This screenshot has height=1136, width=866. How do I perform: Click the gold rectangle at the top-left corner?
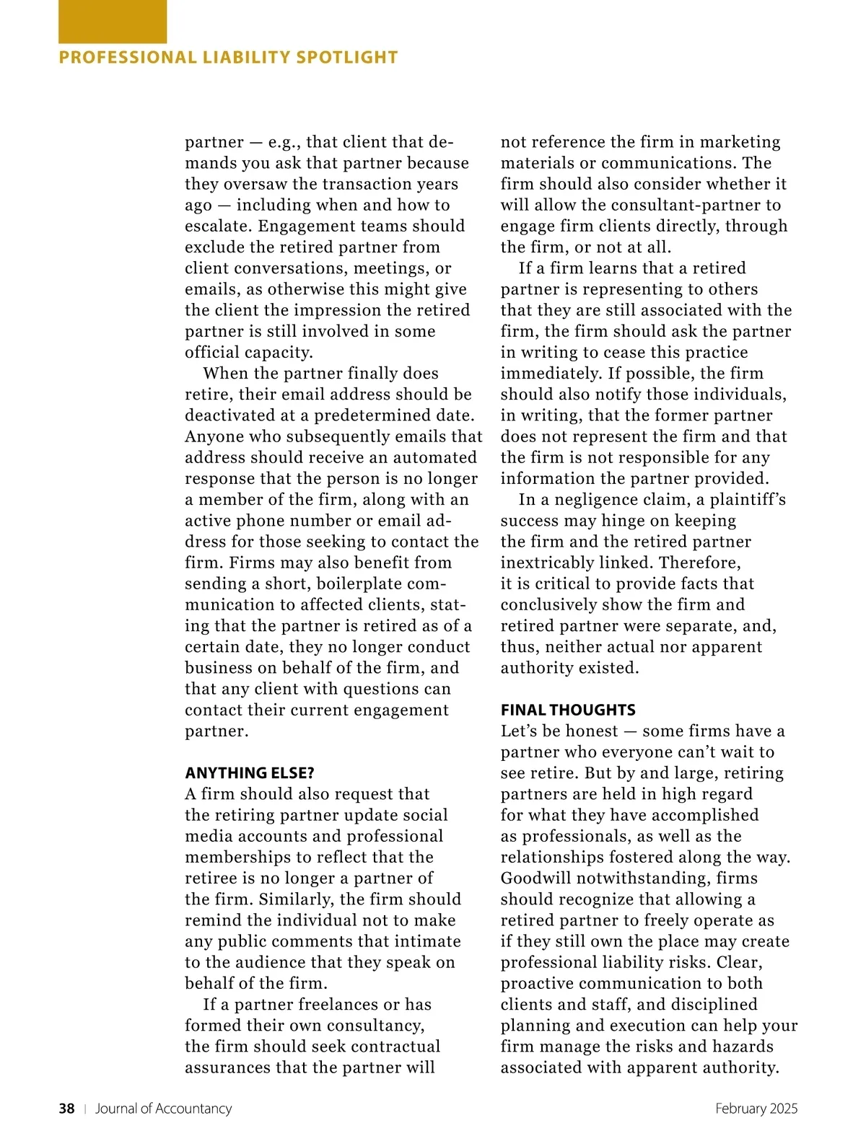point(112,22)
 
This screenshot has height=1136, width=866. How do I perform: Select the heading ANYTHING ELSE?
point(250,773)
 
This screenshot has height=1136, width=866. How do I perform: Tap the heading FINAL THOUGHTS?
point(568,710)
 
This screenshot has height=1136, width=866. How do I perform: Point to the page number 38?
point(66,1109)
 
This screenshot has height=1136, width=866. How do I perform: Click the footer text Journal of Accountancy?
point(164,1109)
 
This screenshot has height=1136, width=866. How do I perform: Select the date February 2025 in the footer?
point(756,1109)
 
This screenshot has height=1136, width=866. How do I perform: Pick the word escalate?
point(218,226)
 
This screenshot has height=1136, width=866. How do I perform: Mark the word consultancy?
point(375,1025)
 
